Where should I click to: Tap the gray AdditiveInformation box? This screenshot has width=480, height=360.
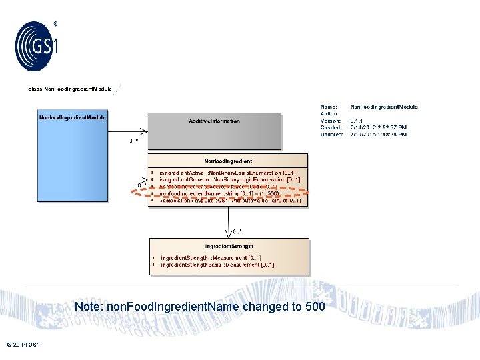(x=214, y=131)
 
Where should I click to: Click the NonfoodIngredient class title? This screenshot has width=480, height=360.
(x=228, y=161)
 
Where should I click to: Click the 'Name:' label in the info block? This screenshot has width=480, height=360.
(x=329, y=107)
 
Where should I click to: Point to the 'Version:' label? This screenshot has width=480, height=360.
(x=331, y=121)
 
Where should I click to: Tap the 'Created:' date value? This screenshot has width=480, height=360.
(x=384, y=127)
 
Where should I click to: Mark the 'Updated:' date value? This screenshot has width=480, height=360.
(x=384, y=134)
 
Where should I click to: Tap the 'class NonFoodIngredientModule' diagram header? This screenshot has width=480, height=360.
(x=69, y=89)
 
